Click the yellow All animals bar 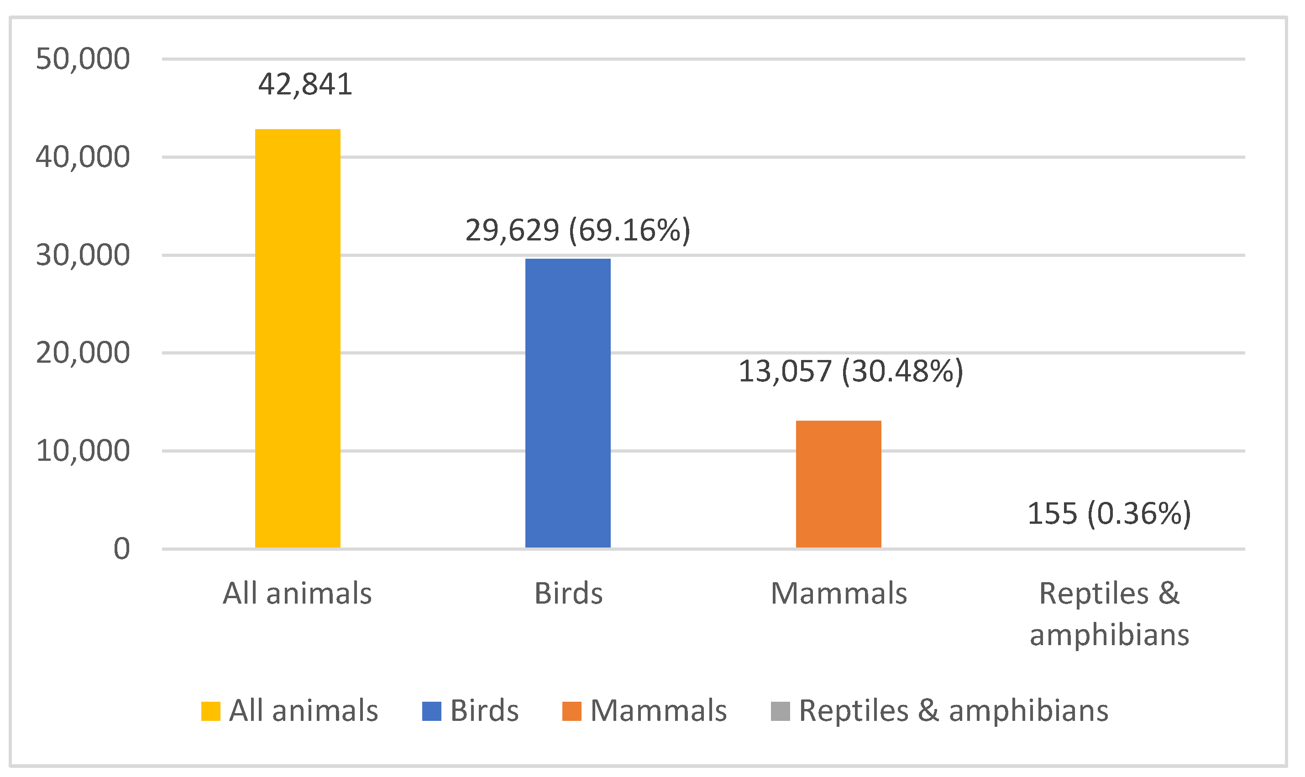coord(298,338)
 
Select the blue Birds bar coord(568,403)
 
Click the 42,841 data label coord(305,85)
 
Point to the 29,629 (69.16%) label coord(577,230)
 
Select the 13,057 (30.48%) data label coord(850,372)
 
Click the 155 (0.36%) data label coord(1109,513)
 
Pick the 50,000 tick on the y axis coord(83,59)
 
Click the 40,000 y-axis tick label coord(83,157)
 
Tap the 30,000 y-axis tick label coord(83,256)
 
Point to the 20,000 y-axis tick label coord(83,353)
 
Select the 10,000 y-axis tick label coord(83,451)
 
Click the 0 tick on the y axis coord(121,549)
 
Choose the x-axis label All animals coord(297,594)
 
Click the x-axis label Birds coord(568,594)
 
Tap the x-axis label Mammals coord(839,594)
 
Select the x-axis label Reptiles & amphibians coord(1109,614)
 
